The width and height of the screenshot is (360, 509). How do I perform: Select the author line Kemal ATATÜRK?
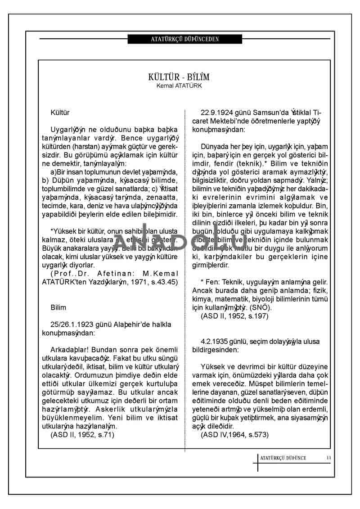point(179,86)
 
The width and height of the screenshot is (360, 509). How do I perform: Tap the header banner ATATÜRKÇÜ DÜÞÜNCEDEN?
point(185,39)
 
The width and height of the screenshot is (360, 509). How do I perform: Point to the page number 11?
point(329,458)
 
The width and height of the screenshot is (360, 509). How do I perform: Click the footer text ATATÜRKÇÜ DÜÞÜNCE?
point(283,458)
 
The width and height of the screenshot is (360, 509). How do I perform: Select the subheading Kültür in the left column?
point(60,112)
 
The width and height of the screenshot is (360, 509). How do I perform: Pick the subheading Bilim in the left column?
point(58,308)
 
